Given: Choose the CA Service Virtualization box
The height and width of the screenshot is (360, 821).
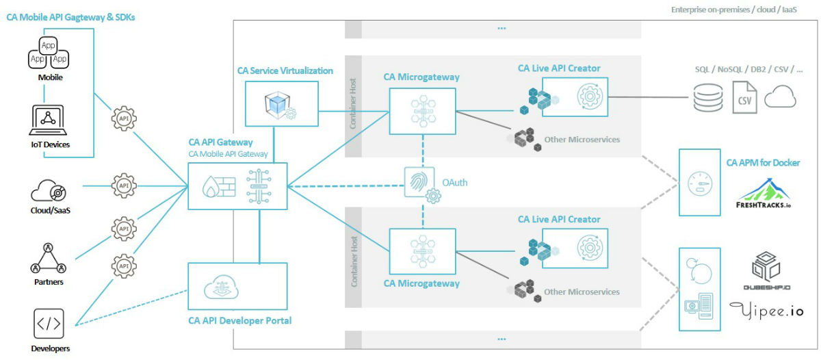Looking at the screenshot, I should [x=281, y=103].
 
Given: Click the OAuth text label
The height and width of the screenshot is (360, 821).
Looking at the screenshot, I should [x=456, y=183].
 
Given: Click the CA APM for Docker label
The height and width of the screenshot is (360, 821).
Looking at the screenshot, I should [x=763, y=163].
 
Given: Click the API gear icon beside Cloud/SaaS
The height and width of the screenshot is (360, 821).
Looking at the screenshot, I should [x=124, y=185].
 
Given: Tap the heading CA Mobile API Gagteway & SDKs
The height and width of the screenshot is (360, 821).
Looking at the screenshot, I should [x=70, y=18].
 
